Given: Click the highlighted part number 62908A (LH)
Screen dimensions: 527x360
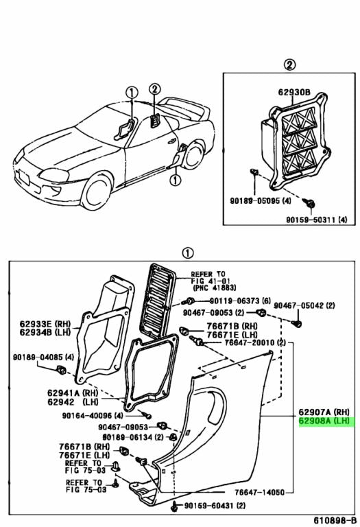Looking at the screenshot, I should [x=324, y=423].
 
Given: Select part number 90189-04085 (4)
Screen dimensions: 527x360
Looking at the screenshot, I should [x=35, y=358].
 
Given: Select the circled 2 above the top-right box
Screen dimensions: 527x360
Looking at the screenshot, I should [x=289, y=65].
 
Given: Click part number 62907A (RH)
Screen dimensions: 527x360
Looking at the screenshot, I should [x=323, y=413].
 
